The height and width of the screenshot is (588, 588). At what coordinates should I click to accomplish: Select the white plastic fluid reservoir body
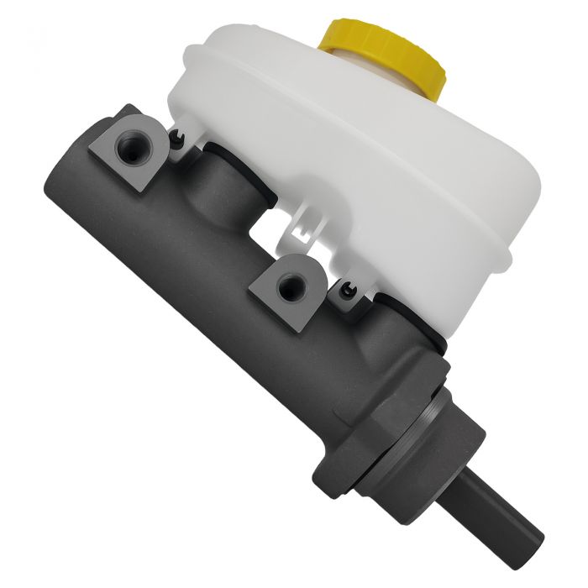pyautogui.click(x=361, y=168)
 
